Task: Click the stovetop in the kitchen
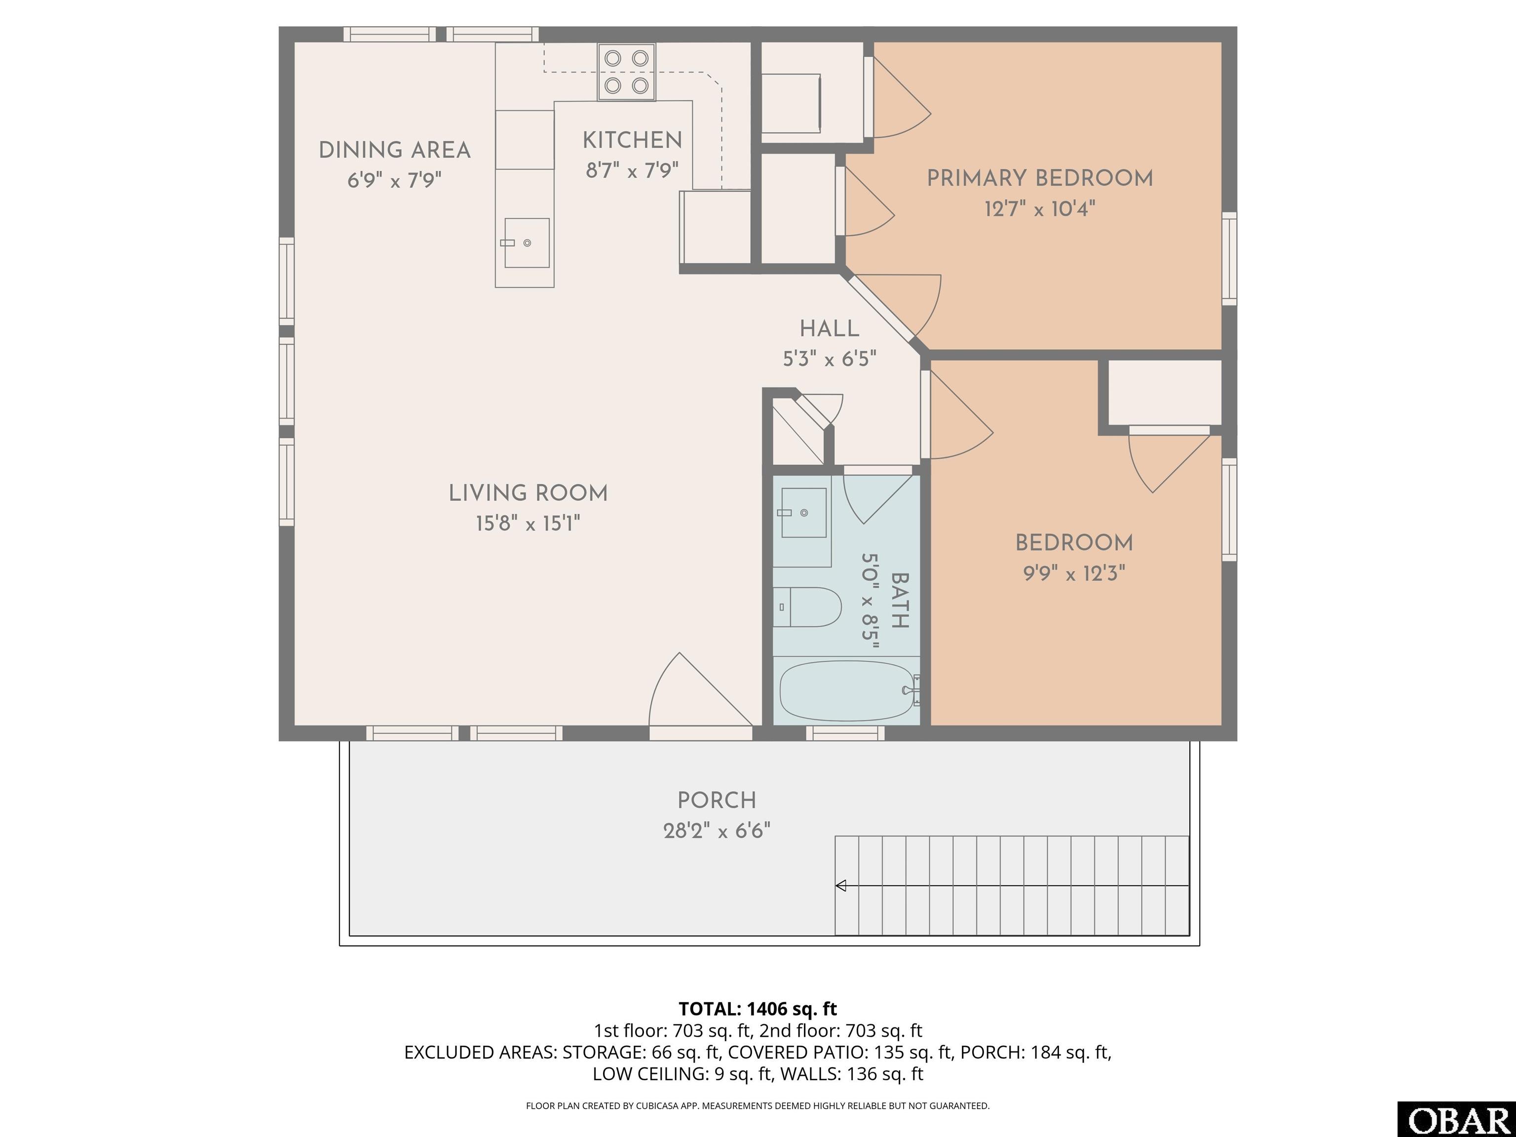pyautogui.click(x=626, y=72)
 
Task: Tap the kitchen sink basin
pyautogui.click(x=527, y=243)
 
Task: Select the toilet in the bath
pyautogui.click(x=807, y=606)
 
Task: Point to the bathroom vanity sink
pyautogui.click(x=804, y=513)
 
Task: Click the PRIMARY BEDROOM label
pyautogui.click(x=1040, y=178)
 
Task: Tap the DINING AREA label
pyautogui.click(x=395, y=150)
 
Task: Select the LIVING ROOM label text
pyautogui.click(x=528, y=493)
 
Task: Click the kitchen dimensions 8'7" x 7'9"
pyautogui.click(x=632, y=170)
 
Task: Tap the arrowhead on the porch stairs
pyautogui.click(x=841, y=885)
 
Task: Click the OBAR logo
pyautogui.click(x=1456, y=1119)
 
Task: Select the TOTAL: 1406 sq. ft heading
pyautogui.click(x=758, y=1008)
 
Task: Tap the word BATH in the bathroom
pyautogui.click(x=899, y=601)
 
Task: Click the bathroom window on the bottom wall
pyautogui.click(x=845, y=733)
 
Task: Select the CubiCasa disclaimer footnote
pyautogui.click(x=758, y=1105)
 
